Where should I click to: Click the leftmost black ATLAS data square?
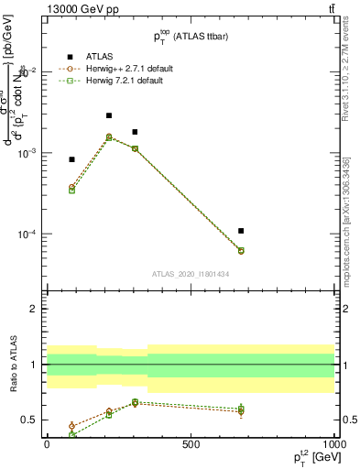[71, 159]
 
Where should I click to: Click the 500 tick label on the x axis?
[191, 443]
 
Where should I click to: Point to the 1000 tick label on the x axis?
[334, 443]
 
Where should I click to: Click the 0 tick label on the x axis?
[46, 443]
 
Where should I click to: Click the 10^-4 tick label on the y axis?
[27, 234]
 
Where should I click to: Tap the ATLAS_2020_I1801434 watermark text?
[190, 274]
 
